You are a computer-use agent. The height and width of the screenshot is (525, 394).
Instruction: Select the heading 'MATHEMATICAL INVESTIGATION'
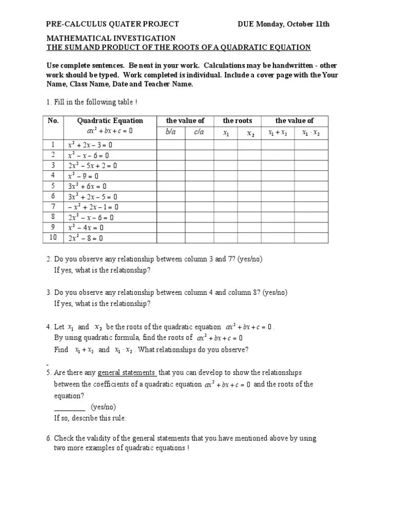111,38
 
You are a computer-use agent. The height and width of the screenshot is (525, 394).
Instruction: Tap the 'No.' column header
53,121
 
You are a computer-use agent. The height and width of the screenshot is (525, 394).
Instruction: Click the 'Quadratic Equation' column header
110,121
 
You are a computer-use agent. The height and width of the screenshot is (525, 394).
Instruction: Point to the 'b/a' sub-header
170,132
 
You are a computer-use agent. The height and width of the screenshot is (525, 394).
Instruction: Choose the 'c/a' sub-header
199,132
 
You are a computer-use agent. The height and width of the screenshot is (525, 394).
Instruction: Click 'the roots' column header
237,121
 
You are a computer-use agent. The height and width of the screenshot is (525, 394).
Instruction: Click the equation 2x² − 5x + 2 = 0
93,166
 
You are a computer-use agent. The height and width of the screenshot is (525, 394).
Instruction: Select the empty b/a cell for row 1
170,145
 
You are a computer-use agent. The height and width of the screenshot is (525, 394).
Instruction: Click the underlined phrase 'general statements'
127,373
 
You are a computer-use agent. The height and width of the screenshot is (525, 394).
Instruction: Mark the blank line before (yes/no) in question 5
70,407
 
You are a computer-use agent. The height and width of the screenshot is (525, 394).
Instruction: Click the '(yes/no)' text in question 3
275,293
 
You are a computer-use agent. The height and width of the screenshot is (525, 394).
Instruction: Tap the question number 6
48,439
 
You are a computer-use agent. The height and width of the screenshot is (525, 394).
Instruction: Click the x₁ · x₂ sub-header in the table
311,132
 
